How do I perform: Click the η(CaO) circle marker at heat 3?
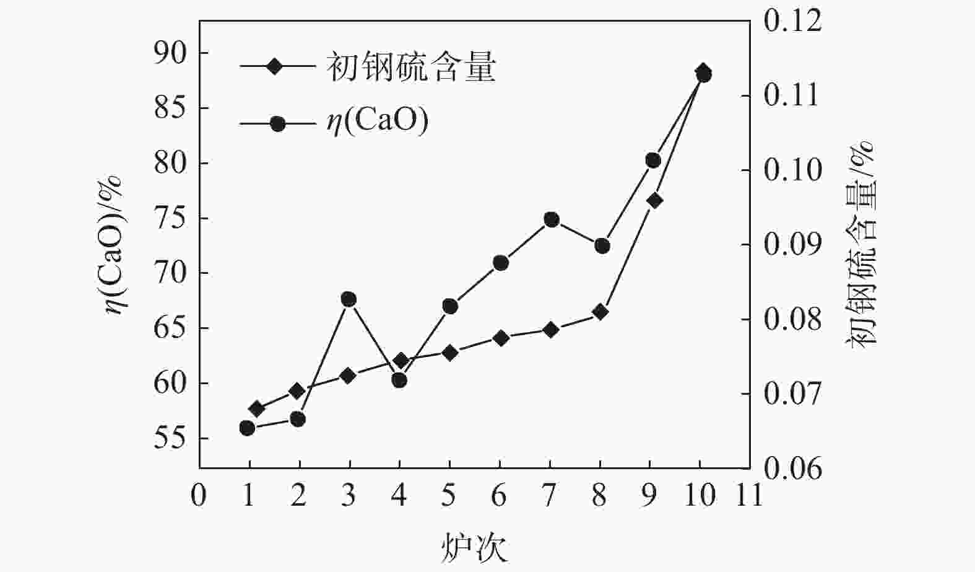(349, 299)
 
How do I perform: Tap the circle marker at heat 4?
(399, 380)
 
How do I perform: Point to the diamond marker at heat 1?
(256, 408)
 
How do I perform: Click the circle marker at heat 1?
(247, 428)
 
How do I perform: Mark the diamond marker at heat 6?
(501, 338)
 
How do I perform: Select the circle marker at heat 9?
(653, 161)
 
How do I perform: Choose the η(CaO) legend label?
(378, 121)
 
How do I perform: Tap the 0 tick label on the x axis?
(199, 496)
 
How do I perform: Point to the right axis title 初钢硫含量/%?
(862, 242)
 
